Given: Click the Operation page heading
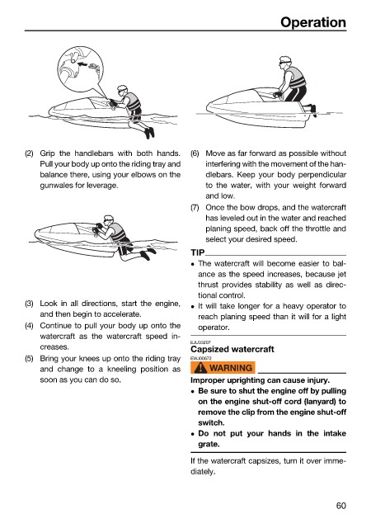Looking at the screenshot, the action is pos(313,22).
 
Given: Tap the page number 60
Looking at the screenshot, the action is pos(340,506).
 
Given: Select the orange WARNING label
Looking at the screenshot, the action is pos(223,367).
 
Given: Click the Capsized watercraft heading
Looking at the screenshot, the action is pos(232,349).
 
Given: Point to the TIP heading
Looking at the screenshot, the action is pos(198,252).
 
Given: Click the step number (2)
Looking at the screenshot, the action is pos(29,153).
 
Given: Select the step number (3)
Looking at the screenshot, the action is pos(29,304).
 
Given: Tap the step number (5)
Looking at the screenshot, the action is pos(29,358).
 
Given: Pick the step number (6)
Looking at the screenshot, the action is pos(195,153).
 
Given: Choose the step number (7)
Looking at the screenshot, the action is pos(195,207).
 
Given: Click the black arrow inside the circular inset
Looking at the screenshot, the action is pos(82,64).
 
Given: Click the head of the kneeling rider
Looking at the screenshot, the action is pos(285,62).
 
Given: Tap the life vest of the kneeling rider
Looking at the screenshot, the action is pos(297,78).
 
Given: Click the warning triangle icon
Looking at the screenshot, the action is pos(200,367).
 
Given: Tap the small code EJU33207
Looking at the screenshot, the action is pos(200,342).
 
